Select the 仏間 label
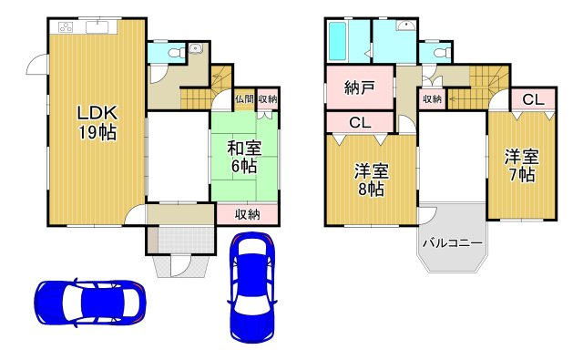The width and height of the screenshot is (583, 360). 243,99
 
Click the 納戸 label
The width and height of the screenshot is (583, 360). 359,88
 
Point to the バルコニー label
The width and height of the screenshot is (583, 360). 452,242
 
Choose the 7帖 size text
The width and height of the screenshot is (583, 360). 520,175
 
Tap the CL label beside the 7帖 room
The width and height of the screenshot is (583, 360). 533,99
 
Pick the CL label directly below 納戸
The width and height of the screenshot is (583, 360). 359,122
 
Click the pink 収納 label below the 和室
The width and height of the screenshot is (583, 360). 248,215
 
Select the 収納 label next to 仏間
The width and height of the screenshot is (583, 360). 267,99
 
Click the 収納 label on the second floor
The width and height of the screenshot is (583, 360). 432,98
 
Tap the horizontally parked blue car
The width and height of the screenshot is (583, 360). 89,300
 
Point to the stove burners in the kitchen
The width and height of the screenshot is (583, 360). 66,26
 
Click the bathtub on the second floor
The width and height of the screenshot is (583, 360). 338,39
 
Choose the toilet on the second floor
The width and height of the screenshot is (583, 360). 440,54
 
